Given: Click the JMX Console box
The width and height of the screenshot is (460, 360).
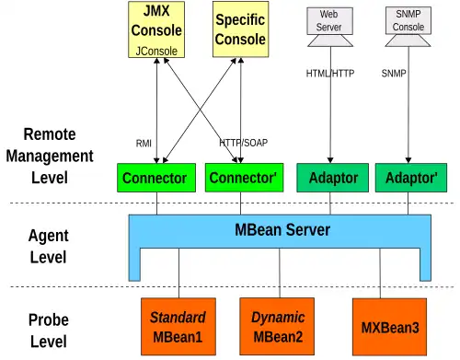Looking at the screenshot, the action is [156, 29].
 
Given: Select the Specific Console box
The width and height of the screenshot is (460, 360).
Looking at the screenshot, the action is [241, 29].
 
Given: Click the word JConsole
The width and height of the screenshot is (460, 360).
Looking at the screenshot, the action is [156, 51].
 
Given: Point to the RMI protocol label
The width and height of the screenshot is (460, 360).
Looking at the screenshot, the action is [144, 143].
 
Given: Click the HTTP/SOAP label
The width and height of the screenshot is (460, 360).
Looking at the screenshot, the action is [244, 143].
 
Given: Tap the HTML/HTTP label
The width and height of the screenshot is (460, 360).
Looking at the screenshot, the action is [330, 74].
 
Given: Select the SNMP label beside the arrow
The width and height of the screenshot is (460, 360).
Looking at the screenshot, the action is [394, 74].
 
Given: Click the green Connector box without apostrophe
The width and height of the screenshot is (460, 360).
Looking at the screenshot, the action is [156, 178].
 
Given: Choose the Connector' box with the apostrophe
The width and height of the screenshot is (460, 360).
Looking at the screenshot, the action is [244, 178].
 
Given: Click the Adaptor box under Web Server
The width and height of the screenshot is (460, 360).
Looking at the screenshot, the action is [333, 178].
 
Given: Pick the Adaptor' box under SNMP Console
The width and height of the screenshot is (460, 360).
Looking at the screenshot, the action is [411, 178].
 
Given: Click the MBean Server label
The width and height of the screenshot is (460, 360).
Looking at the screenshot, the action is [282, 230].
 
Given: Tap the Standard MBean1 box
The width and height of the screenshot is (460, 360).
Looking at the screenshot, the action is [178, 327].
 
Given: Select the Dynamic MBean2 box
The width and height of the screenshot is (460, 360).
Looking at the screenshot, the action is [277, 327].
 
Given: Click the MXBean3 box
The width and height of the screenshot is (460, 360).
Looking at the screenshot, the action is [390, 327].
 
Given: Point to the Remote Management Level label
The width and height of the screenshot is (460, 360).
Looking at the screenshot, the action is [50, 156].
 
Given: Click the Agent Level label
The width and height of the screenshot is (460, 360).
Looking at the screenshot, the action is [49, 247].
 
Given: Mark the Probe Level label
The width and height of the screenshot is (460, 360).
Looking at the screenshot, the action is [49, 331].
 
